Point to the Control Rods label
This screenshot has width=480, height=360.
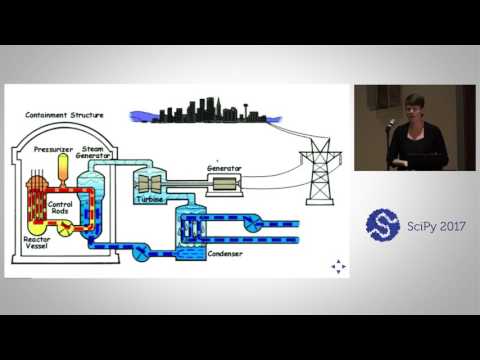pyautogui.click(x=61, y=206)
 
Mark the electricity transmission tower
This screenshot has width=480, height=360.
pyautogui.click(x=319, y=171)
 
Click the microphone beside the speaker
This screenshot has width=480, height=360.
pyautogui.click(x=393, y=123)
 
